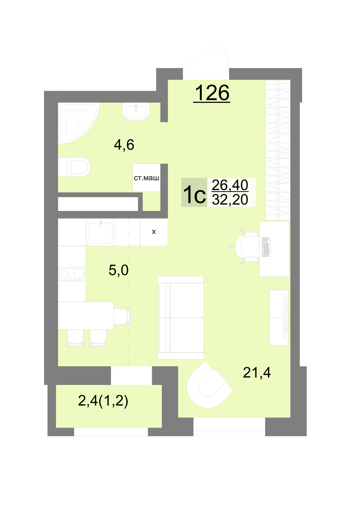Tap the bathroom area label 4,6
124,145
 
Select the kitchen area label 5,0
118,270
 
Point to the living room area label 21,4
257,373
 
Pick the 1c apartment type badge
194,192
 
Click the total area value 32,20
230,200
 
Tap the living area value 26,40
230,185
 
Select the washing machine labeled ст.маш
146,178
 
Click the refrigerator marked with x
154,232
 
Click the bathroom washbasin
136,111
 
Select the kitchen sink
100,232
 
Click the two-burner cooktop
72,274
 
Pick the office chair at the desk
244,247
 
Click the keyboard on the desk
265,247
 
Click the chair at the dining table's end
122,316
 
